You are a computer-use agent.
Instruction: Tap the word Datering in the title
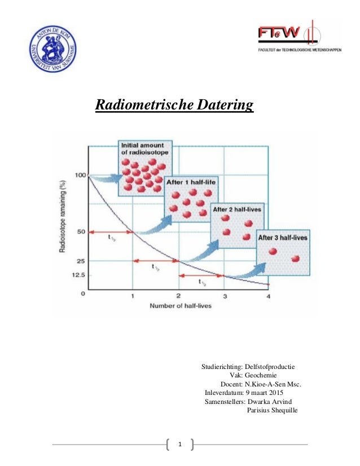(223, 105)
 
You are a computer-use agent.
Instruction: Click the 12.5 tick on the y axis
(77, 275)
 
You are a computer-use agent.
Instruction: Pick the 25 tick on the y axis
(80, 261)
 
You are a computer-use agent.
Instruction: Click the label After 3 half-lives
(283, 238)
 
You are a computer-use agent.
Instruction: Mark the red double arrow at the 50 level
(111, 231)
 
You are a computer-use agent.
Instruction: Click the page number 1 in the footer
(180, 445)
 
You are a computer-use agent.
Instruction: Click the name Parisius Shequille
(272, 410)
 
